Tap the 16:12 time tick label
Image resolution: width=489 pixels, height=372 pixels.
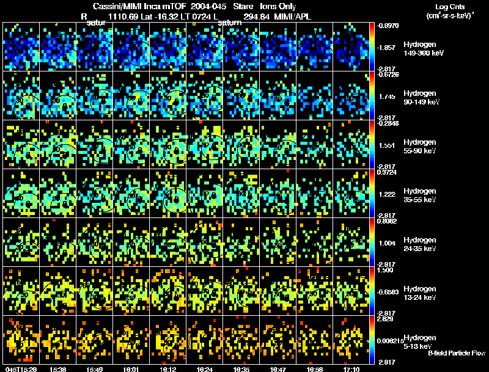point(167,369)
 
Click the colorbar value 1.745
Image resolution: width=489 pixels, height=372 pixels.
point(388,96)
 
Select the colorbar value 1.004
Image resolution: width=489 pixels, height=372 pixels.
point(388,243)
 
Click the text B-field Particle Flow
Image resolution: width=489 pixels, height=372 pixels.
point(456,353)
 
